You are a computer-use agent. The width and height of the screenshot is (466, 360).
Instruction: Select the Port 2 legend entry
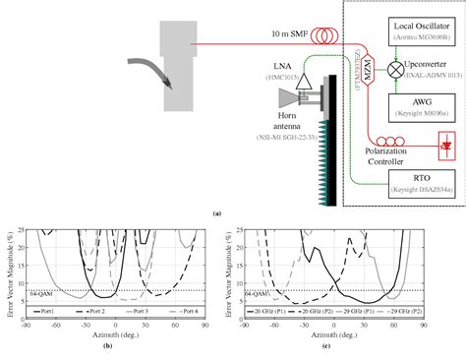pos(93,311)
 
